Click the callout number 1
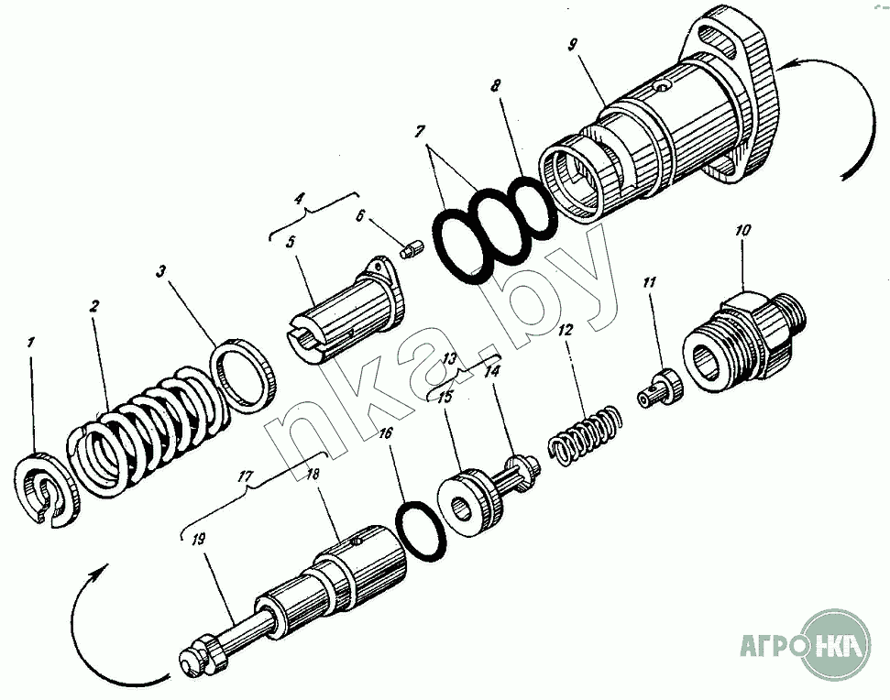tap(32, 344)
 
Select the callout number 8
tap(496, 88)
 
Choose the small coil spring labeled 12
tap(587, 432)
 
